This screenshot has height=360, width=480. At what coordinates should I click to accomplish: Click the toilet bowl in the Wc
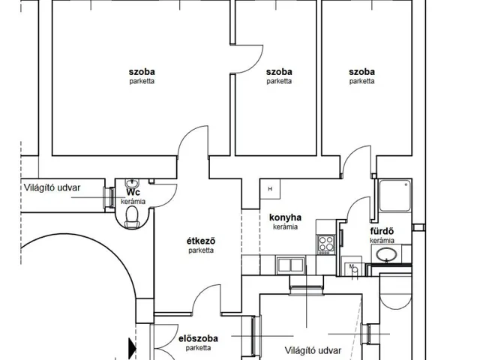coord(132,217)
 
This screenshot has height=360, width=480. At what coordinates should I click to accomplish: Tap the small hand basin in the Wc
coord(132,184)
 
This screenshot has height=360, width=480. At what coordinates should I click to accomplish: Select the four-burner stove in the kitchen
coord(326,244)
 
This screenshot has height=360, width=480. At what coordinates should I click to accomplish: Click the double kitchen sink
coord(290,265)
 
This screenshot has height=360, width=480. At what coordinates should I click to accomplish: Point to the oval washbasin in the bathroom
coord(386,254)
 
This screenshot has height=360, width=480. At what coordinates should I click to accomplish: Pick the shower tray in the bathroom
coord(395,196)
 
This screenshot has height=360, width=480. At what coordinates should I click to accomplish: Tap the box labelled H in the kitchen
coord(270,189)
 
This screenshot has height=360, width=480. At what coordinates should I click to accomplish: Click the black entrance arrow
coord(132,348)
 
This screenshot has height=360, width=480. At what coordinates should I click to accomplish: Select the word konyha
coord(285,217)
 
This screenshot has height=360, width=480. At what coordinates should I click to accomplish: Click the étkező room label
coord(201,241)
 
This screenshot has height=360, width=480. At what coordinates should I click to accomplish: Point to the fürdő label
coord(382,231)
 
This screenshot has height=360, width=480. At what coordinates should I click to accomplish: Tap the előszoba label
coord(198,338)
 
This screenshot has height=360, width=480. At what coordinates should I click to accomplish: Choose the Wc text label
coord(133,193)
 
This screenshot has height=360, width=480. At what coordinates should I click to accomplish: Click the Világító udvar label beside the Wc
coord(52,187)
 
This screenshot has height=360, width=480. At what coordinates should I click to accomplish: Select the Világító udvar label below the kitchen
coord(313,350)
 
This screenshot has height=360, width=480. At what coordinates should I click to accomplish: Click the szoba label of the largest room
coord(142,72)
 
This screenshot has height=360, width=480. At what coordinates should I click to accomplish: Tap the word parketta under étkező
coord(201,250)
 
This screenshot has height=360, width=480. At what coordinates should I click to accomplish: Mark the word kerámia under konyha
coord(285,226)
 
